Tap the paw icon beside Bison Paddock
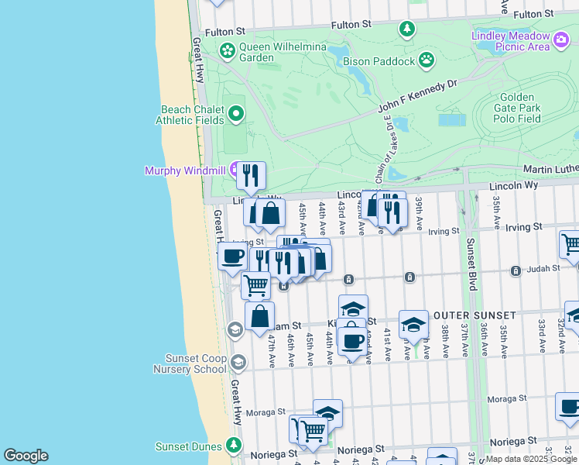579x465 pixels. (x=426, y=60)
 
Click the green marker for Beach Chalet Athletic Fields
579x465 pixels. (x=235, y=115)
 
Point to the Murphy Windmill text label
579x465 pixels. (x=181, y=170)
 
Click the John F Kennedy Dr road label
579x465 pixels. (x=418, y=98)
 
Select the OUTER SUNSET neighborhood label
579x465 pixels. (x=474, y=315)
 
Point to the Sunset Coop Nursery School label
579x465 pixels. (x=195, y=363)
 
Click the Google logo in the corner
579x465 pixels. (x=26, y=456)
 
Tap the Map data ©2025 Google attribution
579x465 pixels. (x=531, y=459)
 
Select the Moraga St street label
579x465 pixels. (x=265, y=412)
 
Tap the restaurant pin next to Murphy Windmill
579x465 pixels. (x=250, y=177)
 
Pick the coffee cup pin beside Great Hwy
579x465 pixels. (x=232, y=256)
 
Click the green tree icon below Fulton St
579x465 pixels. (x=407, y=29)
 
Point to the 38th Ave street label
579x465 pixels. (x=447, y=341)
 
